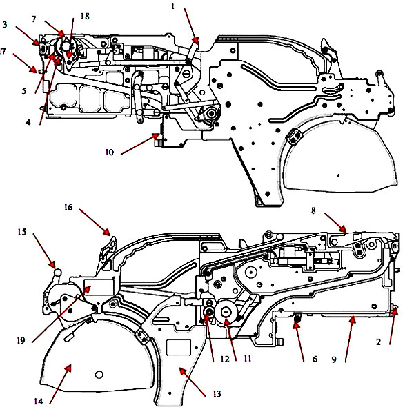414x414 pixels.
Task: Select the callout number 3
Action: point(5,25)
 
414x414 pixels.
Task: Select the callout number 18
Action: point(85,14)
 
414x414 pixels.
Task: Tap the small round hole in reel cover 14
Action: point(99,374)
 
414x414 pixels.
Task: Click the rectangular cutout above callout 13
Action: point(181,345)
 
